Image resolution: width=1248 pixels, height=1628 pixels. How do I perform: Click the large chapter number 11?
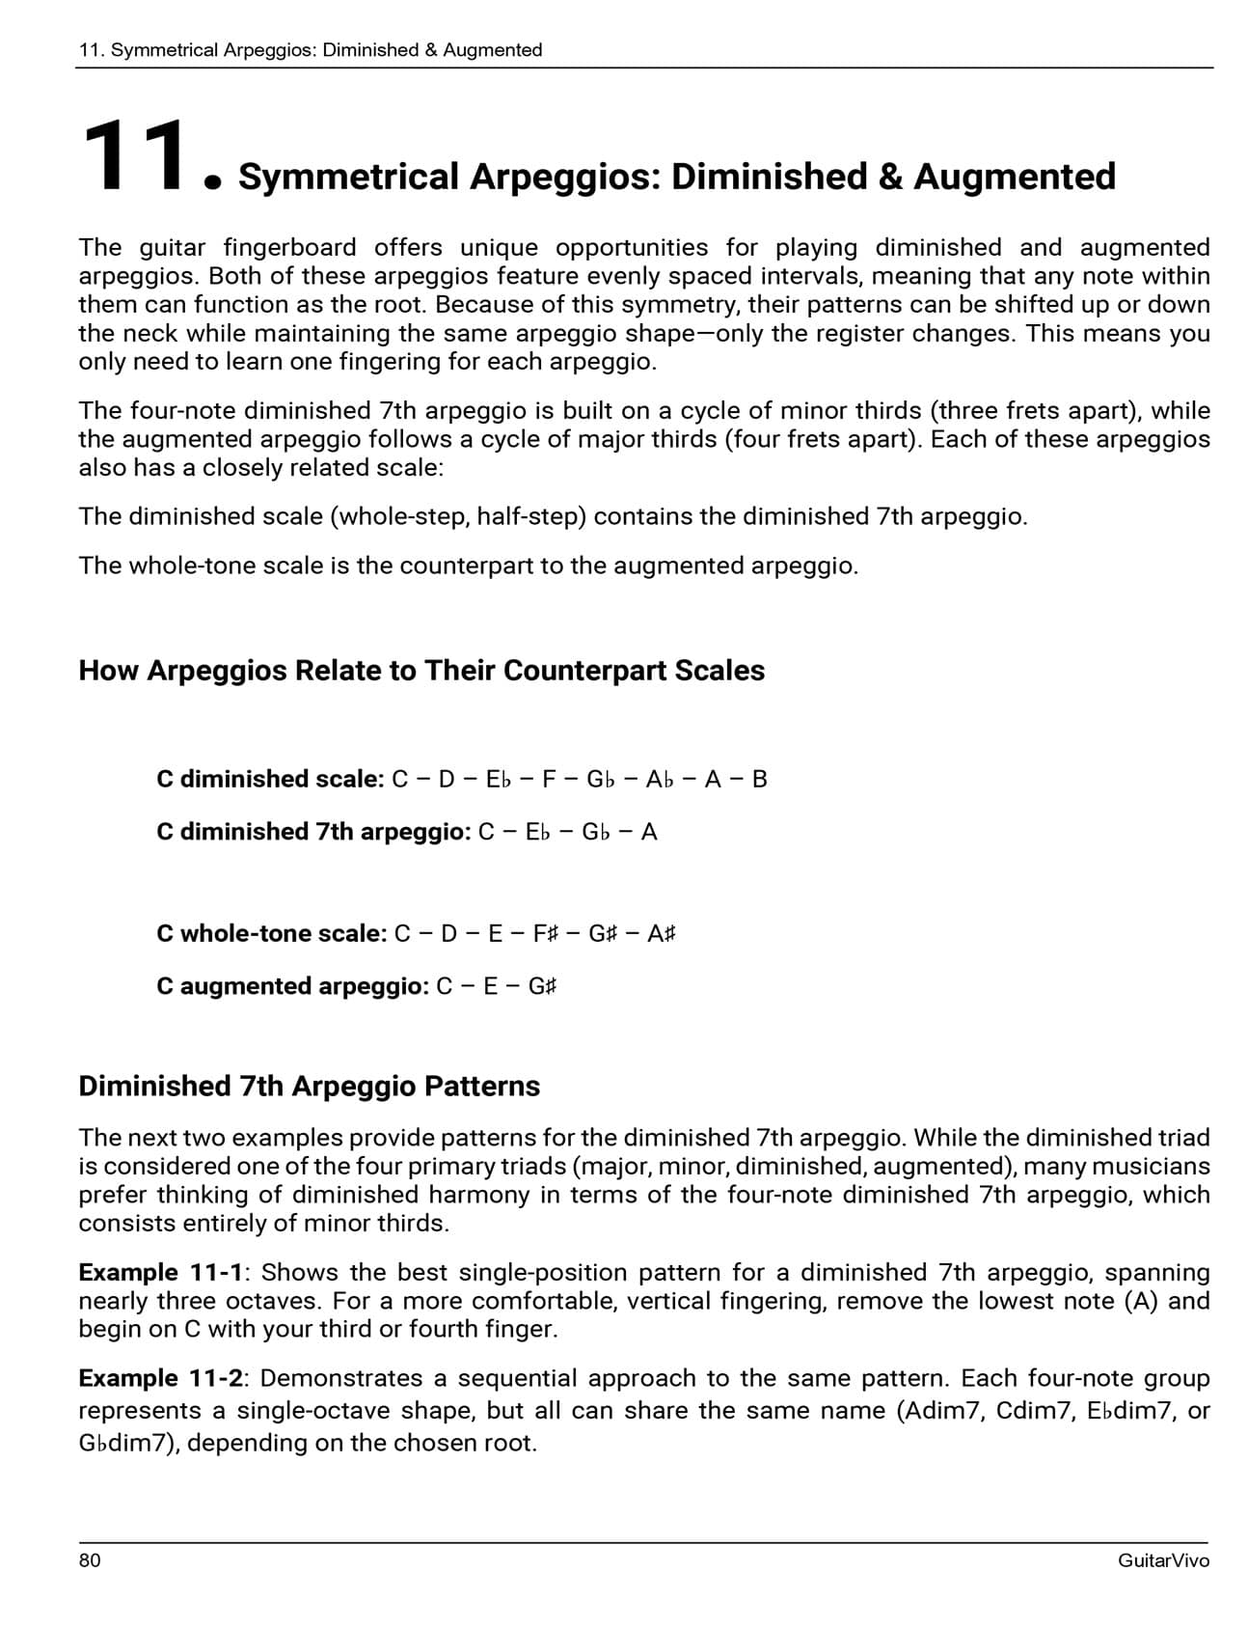click(x=135, y=156)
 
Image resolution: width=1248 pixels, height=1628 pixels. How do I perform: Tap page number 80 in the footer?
click(x=90, y=1560)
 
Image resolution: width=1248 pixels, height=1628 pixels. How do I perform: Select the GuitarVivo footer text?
click(x=1163, y=1560)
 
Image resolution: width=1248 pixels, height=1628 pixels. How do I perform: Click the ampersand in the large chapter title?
click(x=894, y=177)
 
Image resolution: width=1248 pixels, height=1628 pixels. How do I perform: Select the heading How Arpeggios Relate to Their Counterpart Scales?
click(x=421, y=671)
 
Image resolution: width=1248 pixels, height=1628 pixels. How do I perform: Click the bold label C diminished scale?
click(x=270, y=779)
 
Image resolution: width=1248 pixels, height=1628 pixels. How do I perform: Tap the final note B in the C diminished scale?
click(x=759, y=779)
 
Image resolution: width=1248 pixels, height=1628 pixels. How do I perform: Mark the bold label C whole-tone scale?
click(x=271, y=934)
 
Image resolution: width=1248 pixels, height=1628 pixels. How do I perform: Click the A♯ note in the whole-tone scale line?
click(x=662, y=934)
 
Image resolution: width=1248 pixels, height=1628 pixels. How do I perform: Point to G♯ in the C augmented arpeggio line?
click(x=542, y=986)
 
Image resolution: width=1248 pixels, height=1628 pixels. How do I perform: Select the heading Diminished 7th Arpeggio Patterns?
click(x=309, y=1087)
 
